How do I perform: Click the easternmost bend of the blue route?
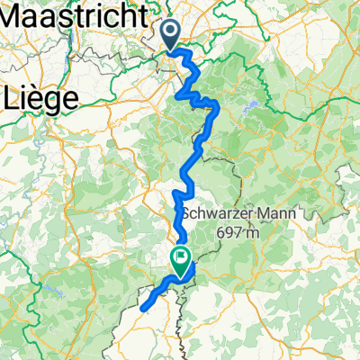click(218, 108)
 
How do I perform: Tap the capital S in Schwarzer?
click(188, 216)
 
